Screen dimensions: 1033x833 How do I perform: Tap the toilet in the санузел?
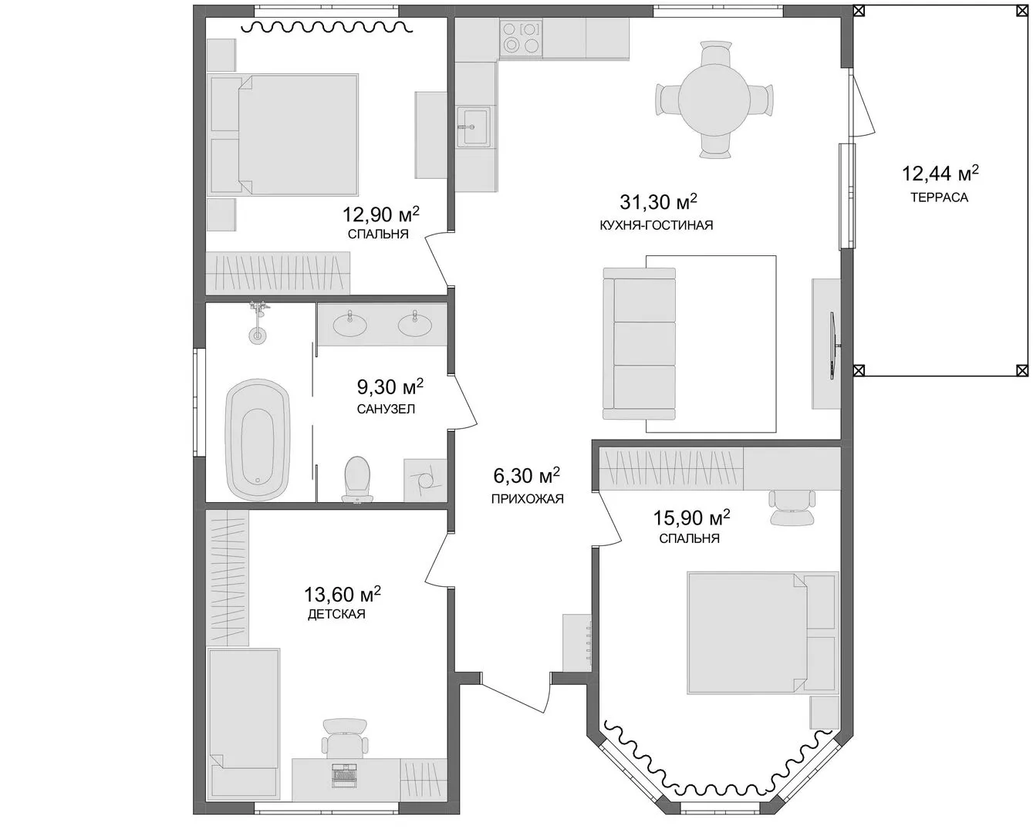[x=358, y=478]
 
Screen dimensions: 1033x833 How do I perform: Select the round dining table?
[x=714, y=99]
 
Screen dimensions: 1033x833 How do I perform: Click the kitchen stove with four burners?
[x=521, y=38]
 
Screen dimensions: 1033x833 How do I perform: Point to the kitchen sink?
[x=474, y=126]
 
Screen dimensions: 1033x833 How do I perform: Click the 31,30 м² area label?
[x=658, y=201]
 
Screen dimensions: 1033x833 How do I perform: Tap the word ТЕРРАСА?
[x=940, y=197]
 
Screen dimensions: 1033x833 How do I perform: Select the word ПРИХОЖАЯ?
[x=527, y=499]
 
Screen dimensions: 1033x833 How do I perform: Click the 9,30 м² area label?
[x=390, y=386]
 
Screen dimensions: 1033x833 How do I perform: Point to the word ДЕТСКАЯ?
[x=336, y=614]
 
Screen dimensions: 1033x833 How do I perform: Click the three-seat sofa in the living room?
[x=640, y=343]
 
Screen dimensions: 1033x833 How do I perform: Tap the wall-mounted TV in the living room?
[x=834, y=346]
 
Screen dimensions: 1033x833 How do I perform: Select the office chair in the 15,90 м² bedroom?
[x=792, y=508]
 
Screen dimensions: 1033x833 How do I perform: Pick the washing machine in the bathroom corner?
[x=425, y=481]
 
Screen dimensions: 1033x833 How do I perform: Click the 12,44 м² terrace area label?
[x=940, y=173]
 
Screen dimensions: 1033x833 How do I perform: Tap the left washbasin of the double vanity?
[x=350, y=324]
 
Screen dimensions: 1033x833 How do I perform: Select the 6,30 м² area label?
[x=527, y=476]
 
